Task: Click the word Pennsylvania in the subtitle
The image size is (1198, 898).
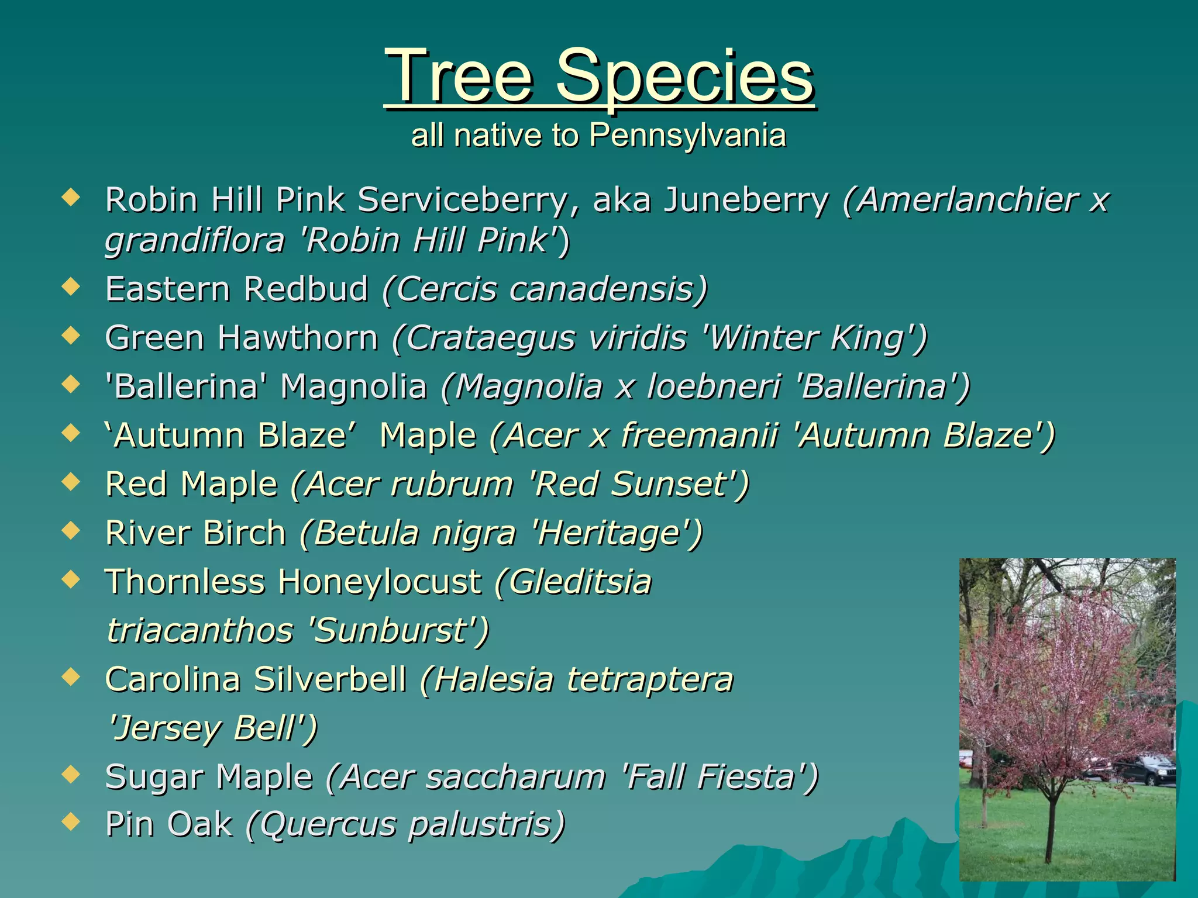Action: tap(687, 136)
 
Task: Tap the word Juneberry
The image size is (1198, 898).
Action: tap(746, 200)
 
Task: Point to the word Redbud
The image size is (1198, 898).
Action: tap(306, 289)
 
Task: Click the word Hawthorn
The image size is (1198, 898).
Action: tap(298, 338)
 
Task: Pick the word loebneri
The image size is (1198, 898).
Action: tap(714, 387)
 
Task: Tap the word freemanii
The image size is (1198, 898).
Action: tap(700, 436)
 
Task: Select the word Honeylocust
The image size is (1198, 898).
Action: tap(380, 582)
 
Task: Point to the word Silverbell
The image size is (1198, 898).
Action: tap(330, 680)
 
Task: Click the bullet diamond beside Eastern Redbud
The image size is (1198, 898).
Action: tap(71, 286)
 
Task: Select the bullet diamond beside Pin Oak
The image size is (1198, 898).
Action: tap(71, 822)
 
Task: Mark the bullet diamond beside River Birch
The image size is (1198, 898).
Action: tap(71, 530)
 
